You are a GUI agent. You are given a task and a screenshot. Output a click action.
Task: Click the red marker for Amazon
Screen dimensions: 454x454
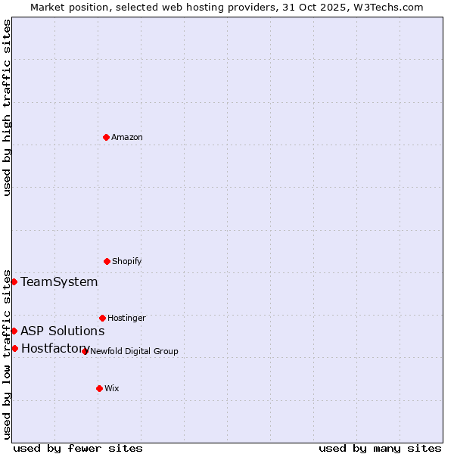106,137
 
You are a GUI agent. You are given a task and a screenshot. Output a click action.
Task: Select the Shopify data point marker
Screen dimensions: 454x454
107,261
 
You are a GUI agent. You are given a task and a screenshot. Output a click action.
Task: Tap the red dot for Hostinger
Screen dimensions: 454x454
102,318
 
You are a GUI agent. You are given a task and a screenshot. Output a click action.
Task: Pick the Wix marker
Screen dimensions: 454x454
99,388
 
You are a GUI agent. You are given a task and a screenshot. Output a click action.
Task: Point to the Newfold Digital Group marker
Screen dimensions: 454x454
85,351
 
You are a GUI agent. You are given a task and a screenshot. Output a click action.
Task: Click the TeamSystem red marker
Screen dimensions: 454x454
14,281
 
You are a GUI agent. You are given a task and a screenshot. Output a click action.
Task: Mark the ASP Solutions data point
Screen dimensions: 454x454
14,331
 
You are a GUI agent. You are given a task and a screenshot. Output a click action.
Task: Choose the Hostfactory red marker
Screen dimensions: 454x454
14,348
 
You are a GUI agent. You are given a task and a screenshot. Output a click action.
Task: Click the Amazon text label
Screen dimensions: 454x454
127,137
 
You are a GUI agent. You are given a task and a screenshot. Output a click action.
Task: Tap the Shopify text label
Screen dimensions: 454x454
127,261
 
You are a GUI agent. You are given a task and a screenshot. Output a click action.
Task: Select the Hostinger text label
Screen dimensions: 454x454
126,318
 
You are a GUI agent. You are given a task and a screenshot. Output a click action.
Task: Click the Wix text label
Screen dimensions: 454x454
112,388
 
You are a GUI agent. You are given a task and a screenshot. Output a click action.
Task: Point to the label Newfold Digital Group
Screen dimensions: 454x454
134,351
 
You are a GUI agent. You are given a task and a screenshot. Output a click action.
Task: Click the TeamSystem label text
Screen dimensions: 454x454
59,281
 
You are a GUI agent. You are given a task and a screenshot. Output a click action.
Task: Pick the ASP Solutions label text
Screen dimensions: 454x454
62,331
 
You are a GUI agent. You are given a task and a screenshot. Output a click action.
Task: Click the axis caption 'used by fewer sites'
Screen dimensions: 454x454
78,448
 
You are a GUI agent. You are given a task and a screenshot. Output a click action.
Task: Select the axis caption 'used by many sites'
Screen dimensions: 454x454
380,448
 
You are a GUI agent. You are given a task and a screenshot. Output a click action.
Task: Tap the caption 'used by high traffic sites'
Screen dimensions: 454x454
7,107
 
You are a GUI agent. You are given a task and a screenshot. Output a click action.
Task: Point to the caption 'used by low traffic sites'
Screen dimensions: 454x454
7,353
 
